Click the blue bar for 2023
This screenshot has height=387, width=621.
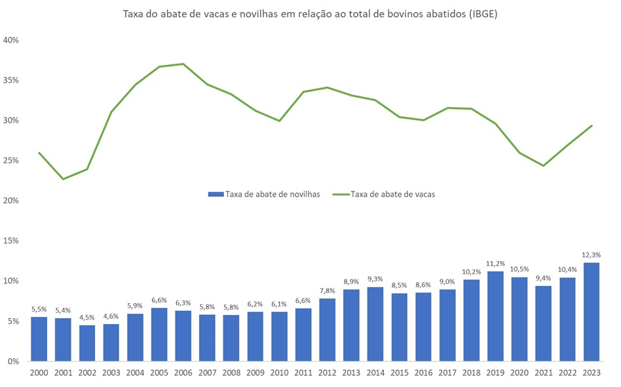point(592,312)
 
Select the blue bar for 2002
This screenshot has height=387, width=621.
point(87,343)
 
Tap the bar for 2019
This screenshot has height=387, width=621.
point(495,316)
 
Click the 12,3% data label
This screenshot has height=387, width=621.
point(592,255)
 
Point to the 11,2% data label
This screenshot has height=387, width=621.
point(495,264)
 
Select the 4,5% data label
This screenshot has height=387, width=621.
point(87,317)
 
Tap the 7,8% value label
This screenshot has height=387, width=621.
point(327,291)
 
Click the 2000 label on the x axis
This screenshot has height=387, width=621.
point(39,373)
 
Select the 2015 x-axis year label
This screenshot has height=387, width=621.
point(399,373)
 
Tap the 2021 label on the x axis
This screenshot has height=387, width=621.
point(543,373)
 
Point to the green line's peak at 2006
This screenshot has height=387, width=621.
point(183,64)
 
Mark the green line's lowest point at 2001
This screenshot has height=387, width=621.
point(64,179)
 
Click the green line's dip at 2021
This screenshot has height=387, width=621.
point(543,165)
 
